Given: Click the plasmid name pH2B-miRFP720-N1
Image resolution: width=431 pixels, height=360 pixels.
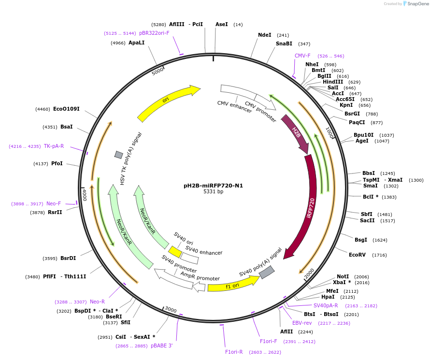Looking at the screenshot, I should pyautogui.click(x=213, y=186).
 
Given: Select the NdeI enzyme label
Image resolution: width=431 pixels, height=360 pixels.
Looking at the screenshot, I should pyautogui.click(x=265, y=35).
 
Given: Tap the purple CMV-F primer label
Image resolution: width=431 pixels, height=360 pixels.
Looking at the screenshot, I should pyautogui.click(x=302, y=56).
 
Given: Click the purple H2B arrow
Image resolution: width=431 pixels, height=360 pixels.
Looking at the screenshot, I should pyautogui.click(x=295, y=133).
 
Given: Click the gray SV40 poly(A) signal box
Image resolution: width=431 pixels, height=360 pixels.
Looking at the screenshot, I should pyautogui.click(x=267, y=272).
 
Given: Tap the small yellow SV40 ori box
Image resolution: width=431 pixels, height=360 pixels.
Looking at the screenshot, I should pyautogui.click(x=175, y=252).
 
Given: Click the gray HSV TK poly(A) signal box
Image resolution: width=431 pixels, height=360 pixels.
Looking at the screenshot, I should pyautogui.click(x=118, y=155).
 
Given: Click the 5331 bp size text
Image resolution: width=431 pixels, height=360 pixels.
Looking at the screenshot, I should pyautogui.click(x=213, y=192).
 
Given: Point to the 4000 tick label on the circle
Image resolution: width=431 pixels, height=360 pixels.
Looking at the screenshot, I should pyautogui.click(x=85, y=195).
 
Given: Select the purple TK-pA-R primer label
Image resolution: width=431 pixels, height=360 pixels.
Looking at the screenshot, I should pyautogui.click(x=54, y=146).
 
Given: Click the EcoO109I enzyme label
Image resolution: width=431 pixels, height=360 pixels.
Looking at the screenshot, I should pyautogui.click(x=66, y=109).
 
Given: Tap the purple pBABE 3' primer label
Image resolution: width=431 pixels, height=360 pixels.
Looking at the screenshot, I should pyautogui.click(x=161, y=346).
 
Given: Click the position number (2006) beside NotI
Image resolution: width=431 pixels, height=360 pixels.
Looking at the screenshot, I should pyautogui.click(x=361, y=276).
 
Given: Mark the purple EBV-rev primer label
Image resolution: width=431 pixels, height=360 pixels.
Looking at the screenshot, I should pyautogui.click(x=302, y=323).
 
